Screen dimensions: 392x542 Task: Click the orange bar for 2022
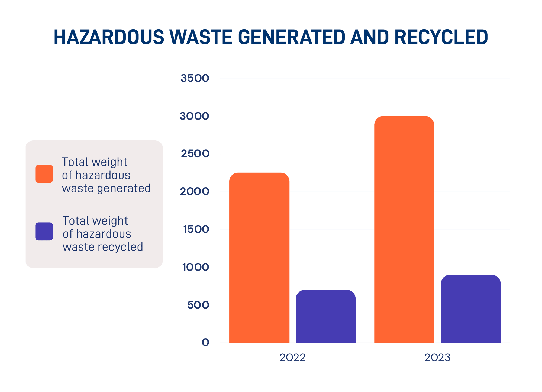pyautogui.click(x=259, y=258)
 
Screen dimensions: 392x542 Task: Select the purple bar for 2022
pyautogui.click(x=325, y=316)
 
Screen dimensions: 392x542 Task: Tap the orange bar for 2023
pyautogui.click(x=404, y=229)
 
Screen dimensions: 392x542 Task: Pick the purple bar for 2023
pyautogui.click(x=470, y=309)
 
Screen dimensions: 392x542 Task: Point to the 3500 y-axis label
pyautogui.click(x=195, y=78)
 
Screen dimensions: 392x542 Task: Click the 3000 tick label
pyautogui.click(x=194, y=116)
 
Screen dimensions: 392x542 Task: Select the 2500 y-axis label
pyautogui.click(x=195, y=154)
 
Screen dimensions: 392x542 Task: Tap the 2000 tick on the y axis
pyautogui.click(x=195, y=192)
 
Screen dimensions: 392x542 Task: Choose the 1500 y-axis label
pyautogui.click(x=196, y=229)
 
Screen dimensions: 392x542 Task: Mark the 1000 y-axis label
pyautogui.click(x=196, y=267)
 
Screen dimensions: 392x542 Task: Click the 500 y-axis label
pyautogui.click(x=198, y=305)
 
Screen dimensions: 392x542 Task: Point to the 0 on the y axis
pyautogui.click(x=205, y=343)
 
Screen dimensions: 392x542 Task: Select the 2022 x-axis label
pyautogui.click(x=292, y=358)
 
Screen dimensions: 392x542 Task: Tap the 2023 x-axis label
pyautogui.click(x=437, y=358)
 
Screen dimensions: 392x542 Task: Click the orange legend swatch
pyautogui.click(x=44, y=174)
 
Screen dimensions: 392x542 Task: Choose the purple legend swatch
pyautogui.click(x=44, y=232)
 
